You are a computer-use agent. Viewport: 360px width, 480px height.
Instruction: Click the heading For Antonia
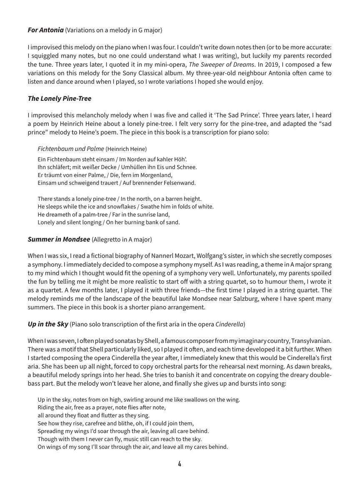46,30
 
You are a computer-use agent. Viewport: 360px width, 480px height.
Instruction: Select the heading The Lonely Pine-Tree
60,99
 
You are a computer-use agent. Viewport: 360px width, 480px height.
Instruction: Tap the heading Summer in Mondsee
59,239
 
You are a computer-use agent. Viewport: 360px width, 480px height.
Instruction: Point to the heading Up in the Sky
48,324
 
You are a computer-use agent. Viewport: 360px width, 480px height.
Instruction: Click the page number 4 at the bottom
180,464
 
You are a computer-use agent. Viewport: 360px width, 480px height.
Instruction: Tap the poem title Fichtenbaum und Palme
71,149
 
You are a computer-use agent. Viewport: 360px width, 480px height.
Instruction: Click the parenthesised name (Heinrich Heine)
126,149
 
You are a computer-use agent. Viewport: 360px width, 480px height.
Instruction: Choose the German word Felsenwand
178,182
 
